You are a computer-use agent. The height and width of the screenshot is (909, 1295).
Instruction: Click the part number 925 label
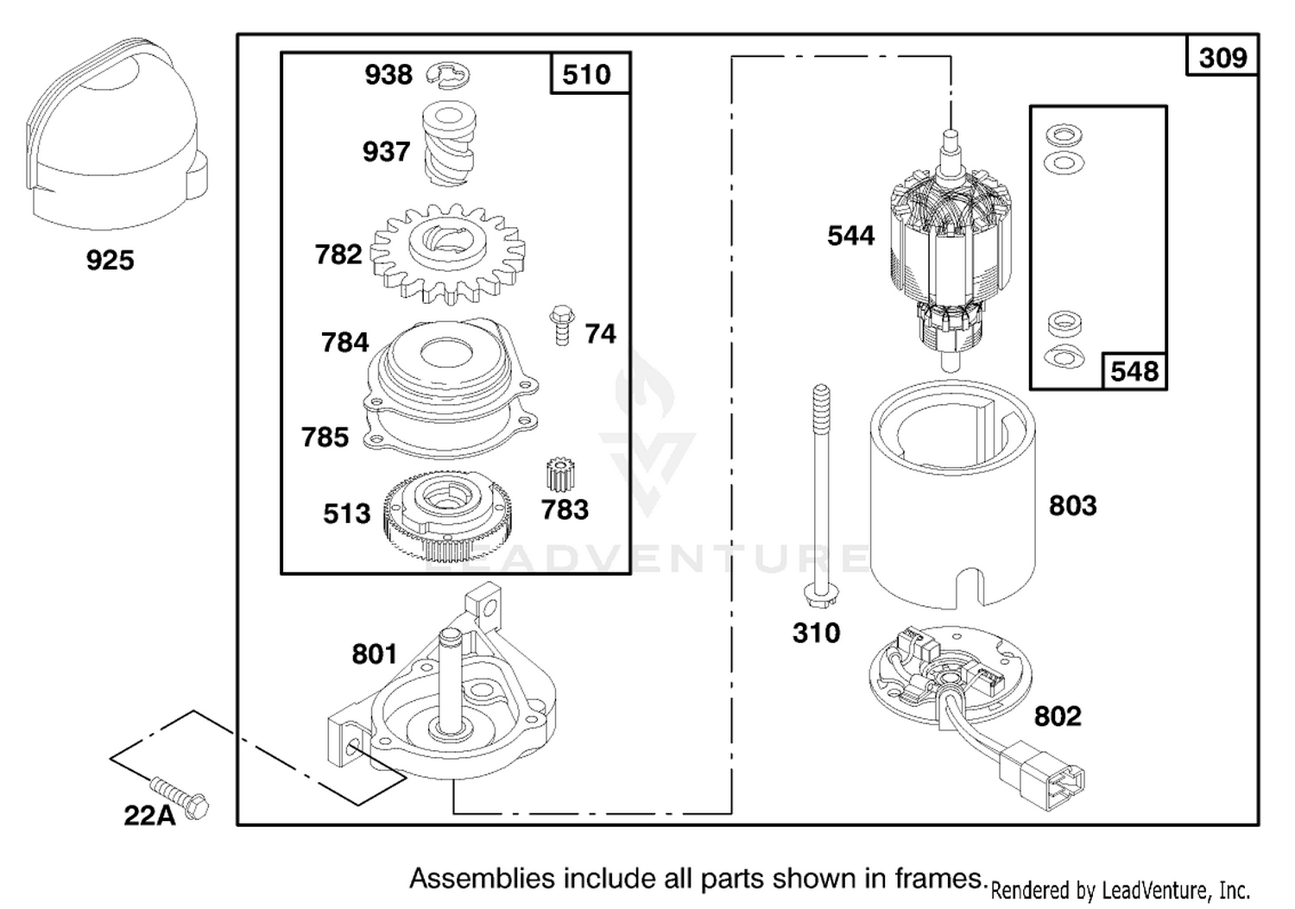click(x=110, y=260)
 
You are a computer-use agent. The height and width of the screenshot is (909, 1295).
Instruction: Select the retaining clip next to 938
click(x=448, y=75)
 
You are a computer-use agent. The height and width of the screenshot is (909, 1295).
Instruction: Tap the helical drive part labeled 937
click(x=449, y=142)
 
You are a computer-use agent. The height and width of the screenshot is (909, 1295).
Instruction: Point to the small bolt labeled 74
click(x=561, y=325)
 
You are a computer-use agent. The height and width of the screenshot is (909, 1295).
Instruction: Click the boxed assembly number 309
click(x=1222, y=58)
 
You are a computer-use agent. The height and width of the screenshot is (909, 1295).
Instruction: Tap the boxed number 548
click(x=1134, y=371)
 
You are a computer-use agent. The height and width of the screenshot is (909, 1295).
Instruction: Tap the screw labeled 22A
click(x=180, y=798)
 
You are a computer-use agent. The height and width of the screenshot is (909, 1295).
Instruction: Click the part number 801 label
click(x=375, y=654)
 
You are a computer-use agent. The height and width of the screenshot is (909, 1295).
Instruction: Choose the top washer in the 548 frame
click(x=1064, y=136)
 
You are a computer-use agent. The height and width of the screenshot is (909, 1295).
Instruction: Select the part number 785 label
click(x=325, y=437)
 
